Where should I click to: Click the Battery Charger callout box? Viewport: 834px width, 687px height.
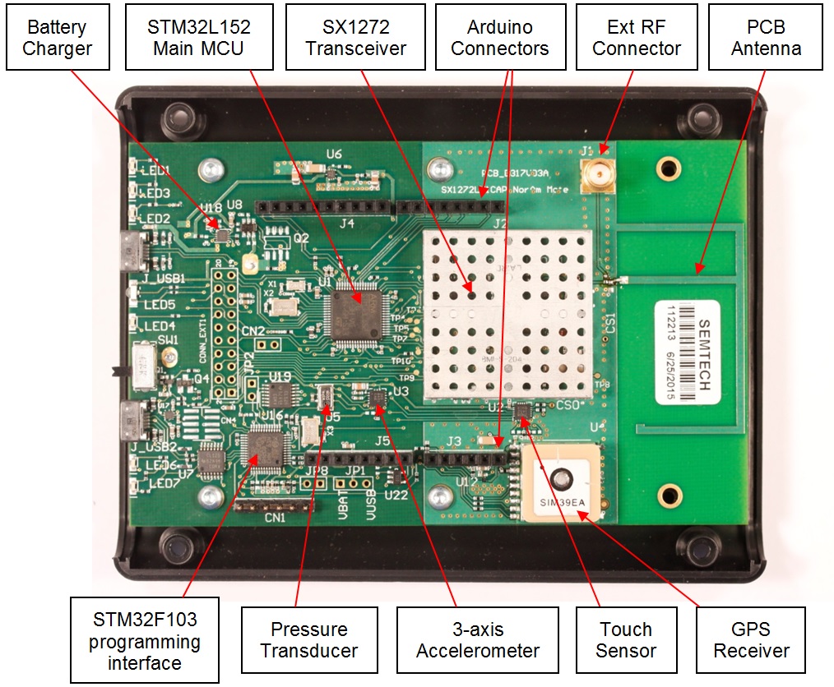click(57, 37)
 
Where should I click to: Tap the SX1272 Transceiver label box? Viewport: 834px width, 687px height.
click(355, 37)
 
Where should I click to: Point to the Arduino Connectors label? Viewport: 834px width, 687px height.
click(500, 37)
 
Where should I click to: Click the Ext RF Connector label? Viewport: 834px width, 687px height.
click(637, 37)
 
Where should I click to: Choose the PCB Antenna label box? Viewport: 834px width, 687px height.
click(767, 37)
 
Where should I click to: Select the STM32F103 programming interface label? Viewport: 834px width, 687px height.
click(145, 640)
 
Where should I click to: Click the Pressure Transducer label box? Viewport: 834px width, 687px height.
click(309, 640)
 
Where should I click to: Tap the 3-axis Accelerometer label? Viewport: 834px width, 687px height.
click(478, 640)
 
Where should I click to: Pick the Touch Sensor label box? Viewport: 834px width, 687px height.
click(626, 640)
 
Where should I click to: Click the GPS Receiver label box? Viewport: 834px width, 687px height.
click(752, 640)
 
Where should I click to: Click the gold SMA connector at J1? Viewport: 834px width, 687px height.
click(598, 174)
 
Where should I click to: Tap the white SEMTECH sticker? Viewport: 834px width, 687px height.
click(687, 351)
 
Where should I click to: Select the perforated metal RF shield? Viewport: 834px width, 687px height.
click(507, 315)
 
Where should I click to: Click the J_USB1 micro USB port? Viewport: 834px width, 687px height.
click(133, 251)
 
